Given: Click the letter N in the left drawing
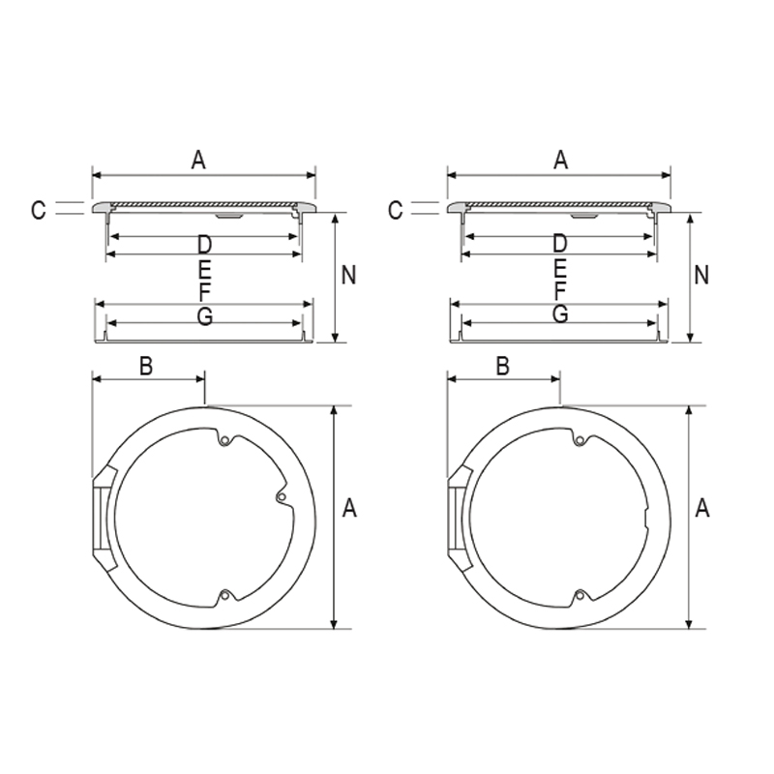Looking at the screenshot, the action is coord(348,275).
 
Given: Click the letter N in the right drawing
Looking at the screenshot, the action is coord(701,275).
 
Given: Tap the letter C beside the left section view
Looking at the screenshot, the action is coord(39,210).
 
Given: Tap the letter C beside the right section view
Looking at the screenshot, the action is coord(396,210).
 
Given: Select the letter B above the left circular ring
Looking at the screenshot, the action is coord(146,367).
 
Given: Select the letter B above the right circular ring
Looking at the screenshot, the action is coord(502,367).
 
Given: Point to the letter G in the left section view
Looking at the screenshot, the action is coord(204,316).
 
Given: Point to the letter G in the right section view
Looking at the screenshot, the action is coord(560,313).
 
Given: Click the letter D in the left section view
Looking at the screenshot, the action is coord(204,245).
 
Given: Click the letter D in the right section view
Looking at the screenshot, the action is coord(560,244).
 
